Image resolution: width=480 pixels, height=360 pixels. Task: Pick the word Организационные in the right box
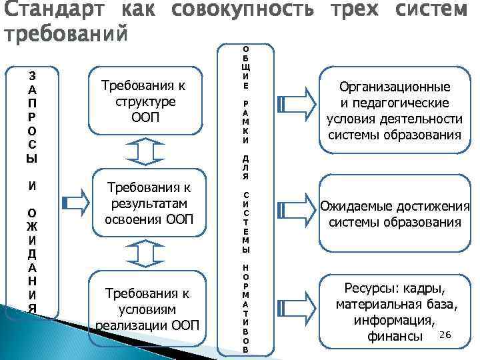click(x=395, y=87)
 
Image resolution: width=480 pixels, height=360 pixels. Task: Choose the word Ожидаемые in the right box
click(x=361, y=207)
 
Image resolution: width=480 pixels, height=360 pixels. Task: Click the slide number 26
click(x=446, y=333)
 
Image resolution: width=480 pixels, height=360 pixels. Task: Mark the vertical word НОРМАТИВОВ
click(x=245, y=307)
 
